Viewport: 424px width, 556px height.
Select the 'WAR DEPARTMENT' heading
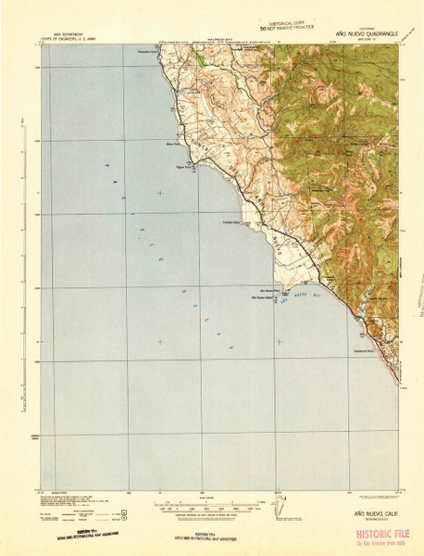click(57, 30)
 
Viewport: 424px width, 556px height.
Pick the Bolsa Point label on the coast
click(172, 144)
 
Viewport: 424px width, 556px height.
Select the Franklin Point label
click(231, 222)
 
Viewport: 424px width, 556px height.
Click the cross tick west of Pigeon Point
click(160, 193)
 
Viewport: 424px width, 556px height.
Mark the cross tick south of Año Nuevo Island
click(280, 342)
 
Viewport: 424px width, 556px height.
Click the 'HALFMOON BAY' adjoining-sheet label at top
click(215, 39)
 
